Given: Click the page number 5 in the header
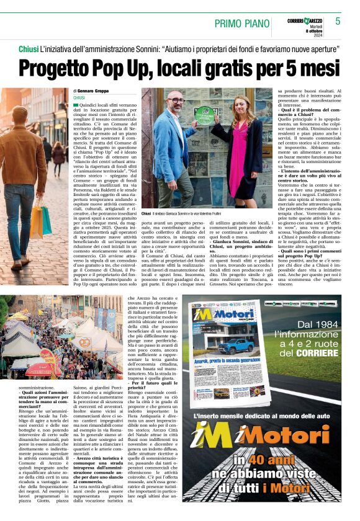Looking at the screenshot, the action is tap(338, 21).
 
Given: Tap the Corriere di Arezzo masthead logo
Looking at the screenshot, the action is tap(304, 21).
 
